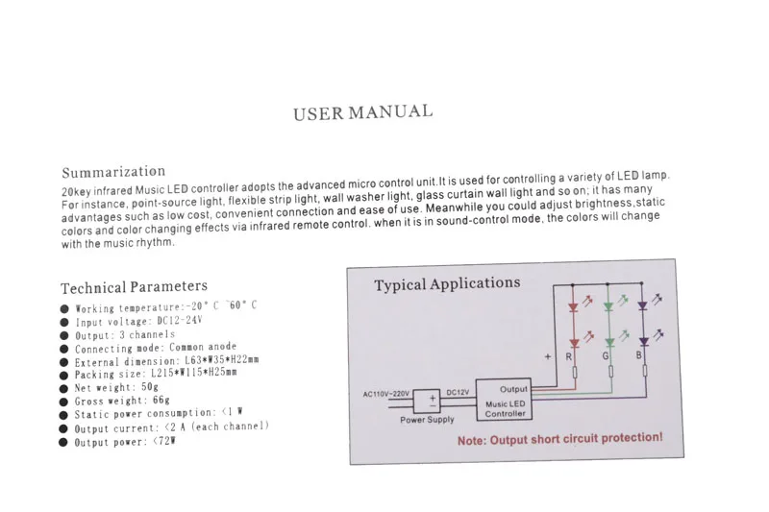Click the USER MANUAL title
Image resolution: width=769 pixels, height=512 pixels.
pos(363,112)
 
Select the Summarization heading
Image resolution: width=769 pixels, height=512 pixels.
pos(113,172)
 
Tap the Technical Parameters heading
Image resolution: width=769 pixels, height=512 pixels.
pos(134,286)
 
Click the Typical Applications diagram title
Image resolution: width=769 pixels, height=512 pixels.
pos(447,283)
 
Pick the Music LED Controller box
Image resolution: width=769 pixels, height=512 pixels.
pos(504,400)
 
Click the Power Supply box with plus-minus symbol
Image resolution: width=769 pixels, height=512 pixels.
pos(427,402)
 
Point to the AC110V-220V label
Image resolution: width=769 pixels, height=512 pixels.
pos(386,394)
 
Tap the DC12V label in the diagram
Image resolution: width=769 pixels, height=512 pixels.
pos(458,392)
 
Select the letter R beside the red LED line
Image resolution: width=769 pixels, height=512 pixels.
pos(568,356)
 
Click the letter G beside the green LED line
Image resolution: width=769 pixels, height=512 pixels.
pos(606,356)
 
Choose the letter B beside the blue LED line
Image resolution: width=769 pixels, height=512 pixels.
pos(638,354)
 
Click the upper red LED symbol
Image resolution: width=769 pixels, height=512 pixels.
pos(573,307)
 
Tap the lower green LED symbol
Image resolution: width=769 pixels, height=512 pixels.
pos(609,343)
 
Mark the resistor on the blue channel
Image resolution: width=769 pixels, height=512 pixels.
pos(645,371)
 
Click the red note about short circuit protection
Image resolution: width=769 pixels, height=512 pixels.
pos(560,438)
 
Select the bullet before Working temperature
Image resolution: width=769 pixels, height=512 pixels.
pos(64,308)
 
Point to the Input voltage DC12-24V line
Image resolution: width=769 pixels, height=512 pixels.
pos(138,321)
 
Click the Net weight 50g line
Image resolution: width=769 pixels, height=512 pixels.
pos(116,387)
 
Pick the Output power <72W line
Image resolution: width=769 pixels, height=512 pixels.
pos(125,442)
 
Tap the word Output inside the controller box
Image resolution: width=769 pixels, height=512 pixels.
pos(513,389)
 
